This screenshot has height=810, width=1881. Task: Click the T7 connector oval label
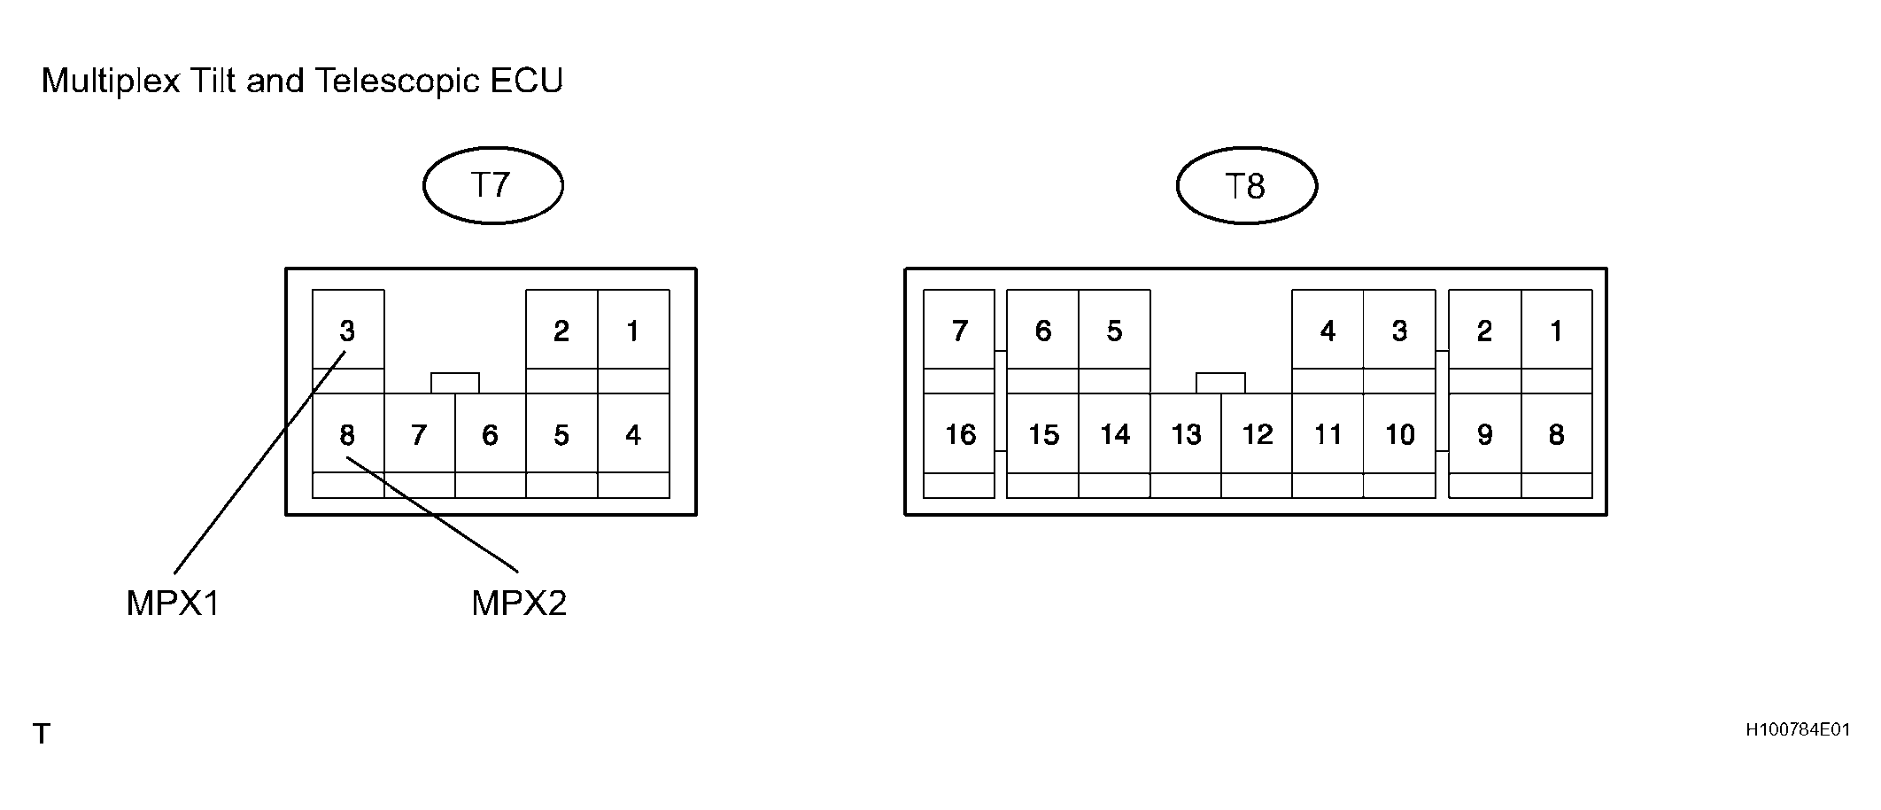492,185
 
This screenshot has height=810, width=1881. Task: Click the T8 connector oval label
1246,186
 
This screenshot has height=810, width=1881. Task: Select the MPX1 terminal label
173,604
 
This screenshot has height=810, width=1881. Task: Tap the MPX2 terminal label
519,604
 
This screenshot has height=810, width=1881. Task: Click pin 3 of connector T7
348,330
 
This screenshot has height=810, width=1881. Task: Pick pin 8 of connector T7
348,434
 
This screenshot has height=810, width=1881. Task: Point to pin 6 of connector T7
491,434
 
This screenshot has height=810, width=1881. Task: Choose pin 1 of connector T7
633,330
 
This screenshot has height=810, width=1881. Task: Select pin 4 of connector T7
633,434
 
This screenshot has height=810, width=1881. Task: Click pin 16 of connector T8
959,434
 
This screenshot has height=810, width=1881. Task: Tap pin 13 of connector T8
1186,434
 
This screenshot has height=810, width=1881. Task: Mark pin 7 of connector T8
959,330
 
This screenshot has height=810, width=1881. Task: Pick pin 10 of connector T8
1399,434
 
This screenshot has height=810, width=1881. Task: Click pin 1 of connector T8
1557,330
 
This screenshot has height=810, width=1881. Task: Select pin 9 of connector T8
1485,434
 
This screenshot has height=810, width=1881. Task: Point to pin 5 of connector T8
1114,330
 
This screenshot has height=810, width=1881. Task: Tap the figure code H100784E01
1798,730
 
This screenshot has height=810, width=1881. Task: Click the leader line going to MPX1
260,463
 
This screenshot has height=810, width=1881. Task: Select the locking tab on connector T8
1220,383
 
